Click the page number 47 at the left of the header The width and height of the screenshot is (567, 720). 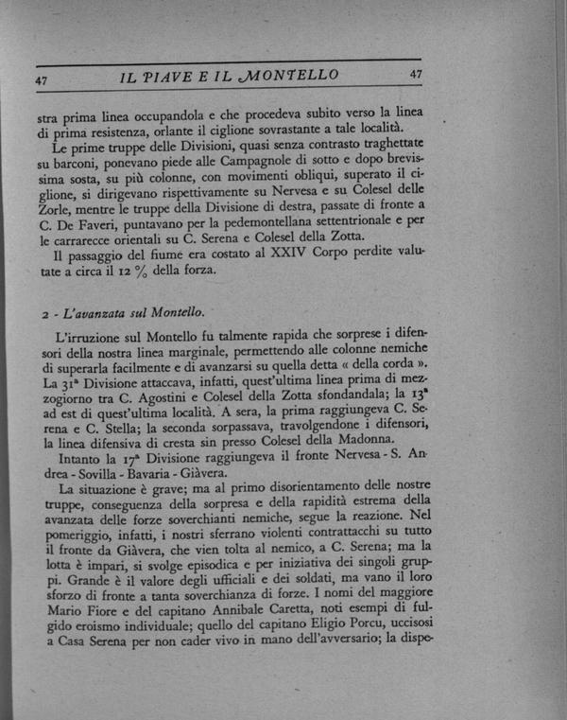42,80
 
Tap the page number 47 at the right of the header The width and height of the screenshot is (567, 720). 416,76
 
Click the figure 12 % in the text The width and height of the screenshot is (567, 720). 134,270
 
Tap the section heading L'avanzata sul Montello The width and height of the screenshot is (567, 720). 130,311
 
